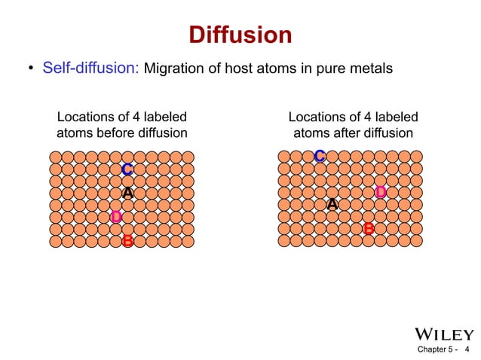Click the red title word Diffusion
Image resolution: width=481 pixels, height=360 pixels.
[x=240, y=35]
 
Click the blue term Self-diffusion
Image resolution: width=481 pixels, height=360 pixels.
[x=90, y=69]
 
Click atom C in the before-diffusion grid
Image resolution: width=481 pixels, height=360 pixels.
[x=127, y=169]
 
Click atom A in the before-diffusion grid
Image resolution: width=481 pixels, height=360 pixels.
[x=127, y=194]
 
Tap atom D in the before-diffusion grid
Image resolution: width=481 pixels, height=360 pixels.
[x=115, y=218]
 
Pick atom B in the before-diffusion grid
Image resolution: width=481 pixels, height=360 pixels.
[x=127, y=242]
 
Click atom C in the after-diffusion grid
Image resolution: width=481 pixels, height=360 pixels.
[x=320, y=157]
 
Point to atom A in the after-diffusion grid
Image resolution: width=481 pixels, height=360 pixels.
[x=332, y=205]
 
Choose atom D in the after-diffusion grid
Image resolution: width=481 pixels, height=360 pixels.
[x=380, y=193]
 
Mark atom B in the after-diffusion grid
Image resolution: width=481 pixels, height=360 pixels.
[x=368, y=228]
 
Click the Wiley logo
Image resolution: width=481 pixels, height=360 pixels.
[x=444, y=334]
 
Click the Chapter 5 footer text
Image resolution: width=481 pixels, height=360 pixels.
[x=437, y=350]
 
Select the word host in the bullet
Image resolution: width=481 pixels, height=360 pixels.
[x=244, y=69]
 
